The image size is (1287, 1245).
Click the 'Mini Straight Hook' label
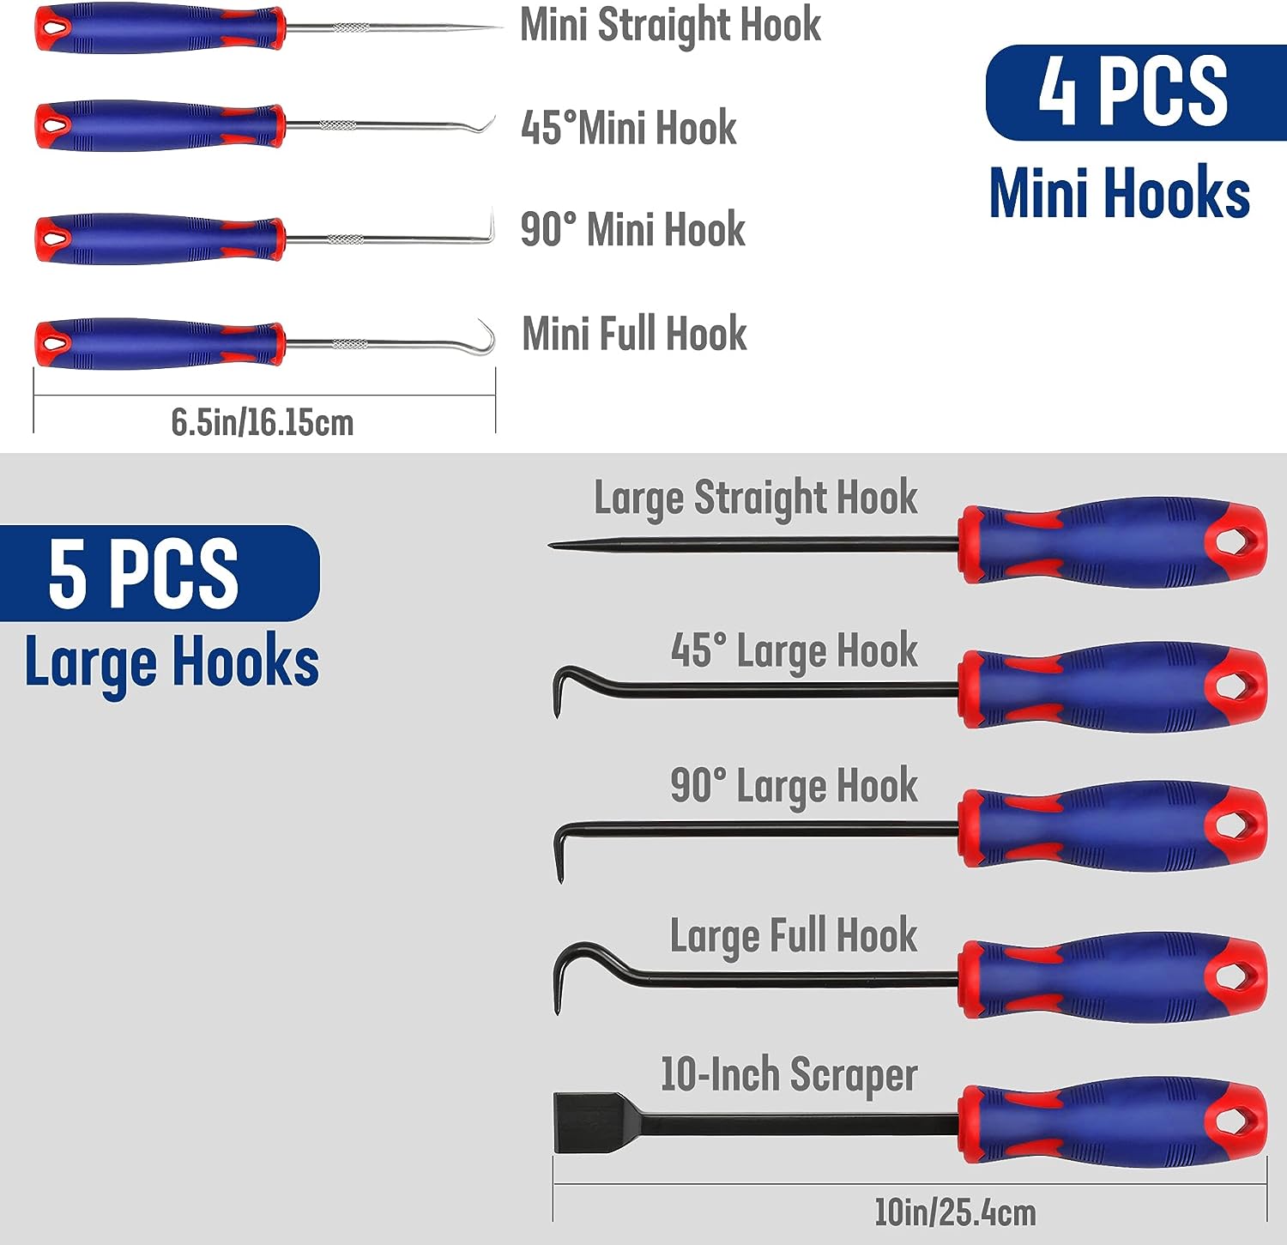coord(670,26)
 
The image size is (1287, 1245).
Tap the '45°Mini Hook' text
coord(629,128)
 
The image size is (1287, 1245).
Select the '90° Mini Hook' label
coord(633,229)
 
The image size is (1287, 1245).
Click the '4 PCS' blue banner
coord(1134,92)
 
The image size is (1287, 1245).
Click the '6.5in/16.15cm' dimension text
coord(263,422)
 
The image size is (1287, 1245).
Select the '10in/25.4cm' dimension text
coord(955,1212)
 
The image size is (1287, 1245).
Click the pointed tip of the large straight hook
coord(553,546)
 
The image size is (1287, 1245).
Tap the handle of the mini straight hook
coord(159,29)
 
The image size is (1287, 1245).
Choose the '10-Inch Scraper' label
coord(789,1075)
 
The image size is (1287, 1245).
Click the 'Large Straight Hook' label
coord(756,499)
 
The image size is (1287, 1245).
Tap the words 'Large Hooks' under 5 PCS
coord(172,662)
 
